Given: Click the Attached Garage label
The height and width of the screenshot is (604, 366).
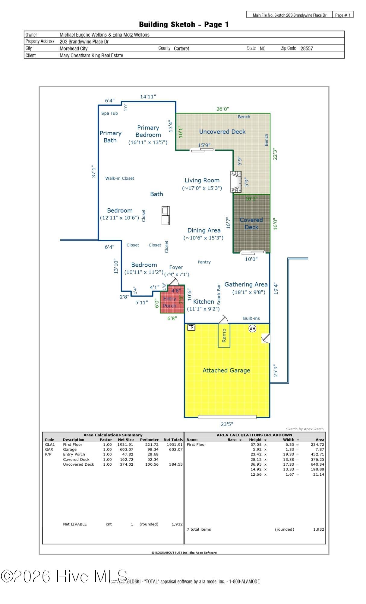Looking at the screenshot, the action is tap(226, 371).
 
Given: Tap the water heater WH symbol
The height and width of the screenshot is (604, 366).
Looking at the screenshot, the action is tap(252, 328).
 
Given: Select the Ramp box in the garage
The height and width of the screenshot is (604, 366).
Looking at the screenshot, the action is tap(224, 336).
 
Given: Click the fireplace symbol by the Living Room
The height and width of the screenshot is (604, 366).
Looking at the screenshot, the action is tap(236, 182).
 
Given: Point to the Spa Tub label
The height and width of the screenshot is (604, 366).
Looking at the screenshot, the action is tap(109, 113).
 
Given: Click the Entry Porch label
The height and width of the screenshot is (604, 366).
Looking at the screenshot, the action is tap(170, 302).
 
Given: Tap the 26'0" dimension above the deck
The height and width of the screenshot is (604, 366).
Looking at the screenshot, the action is tap(222, 109).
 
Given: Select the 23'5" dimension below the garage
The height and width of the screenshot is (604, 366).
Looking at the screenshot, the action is tap(227, 424).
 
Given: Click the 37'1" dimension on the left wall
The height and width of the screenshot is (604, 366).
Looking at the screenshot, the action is tap(94, 171).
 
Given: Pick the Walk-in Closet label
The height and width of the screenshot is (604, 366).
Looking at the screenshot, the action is tap(120, 178).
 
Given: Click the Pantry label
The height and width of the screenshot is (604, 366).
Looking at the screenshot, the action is tap(204, 262).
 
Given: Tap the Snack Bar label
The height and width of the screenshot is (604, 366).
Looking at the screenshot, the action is tap(219, 294).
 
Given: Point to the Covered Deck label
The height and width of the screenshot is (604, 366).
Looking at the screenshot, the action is tap(251, 223).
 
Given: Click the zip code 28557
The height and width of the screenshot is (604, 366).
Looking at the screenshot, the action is tap(307, 48).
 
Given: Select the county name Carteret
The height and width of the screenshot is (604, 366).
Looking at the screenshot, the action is tap(181, 48).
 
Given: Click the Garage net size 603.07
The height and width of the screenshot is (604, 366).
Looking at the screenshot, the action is tap(125, 449).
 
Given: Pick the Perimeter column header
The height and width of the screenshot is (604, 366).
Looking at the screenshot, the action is tap(149, 440).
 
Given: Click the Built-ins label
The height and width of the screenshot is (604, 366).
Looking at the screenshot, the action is tap(251, 318).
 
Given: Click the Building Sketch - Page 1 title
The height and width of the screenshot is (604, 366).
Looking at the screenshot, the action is tap(184, 24).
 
